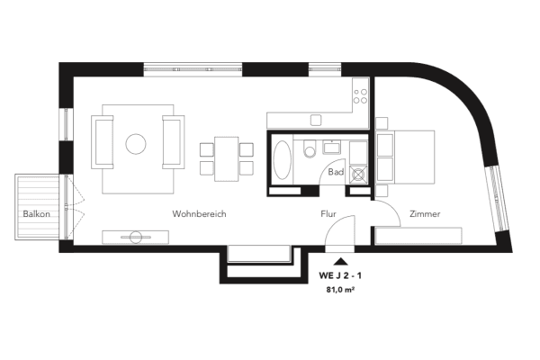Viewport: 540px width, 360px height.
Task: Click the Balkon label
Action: (x=36, y=214)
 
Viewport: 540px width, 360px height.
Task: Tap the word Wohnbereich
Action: (x=199, y=214)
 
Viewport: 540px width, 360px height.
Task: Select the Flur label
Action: (x=328, y=214)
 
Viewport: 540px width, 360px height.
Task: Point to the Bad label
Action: (x=337, y=171)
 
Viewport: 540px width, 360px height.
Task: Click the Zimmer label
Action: (x=424, y=214)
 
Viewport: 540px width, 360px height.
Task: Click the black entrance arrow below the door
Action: (x=340, y=260)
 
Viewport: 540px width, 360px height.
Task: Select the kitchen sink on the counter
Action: (x=315, y=120)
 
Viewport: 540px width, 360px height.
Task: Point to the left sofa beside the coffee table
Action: (x=103, y=142)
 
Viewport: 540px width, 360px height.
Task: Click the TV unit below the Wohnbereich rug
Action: (x=136, y=237)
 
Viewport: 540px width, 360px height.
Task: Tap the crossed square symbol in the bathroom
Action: (x=358, y=175)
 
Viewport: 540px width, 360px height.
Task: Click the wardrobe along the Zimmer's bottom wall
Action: (x=419, y=237)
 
